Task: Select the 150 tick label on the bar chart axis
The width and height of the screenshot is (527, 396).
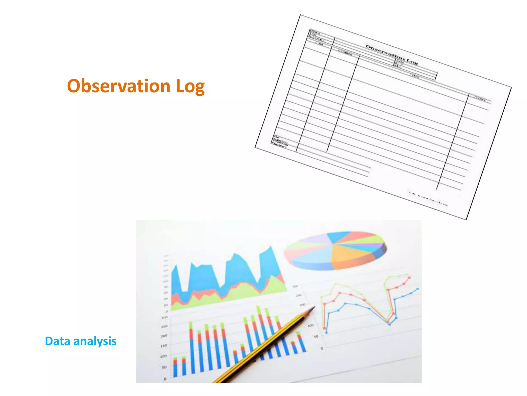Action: coord(164,345)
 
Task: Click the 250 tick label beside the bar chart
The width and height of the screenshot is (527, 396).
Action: coord(164,326)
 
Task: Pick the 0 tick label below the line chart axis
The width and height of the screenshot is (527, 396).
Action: coord(322,349)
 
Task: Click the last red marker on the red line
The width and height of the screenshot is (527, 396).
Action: coord(409,278)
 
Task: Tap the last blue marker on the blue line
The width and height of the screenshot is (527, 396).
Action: coord(417,289)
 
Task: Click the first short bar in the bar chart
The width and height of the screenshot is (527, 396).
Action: coord(175,367)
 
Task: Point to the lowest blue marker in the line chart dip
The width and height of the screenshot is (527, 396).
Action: coord(389,324)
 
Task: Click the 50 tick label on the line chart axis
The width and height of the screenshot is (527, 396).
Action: coord(316,336)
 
